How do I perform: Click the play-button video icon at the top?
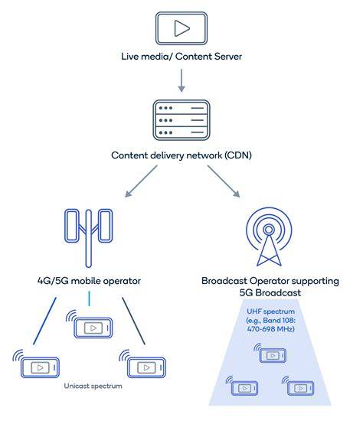[x=181, y=28]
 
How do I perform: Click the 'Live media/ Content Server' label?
[x=181, y=57]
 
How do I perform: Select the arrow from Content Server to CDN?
[x=181, y=80]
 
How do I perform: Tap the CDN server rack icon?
[x=181, y=120]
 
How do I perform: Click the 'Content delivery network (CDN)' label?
[x=181, y=155]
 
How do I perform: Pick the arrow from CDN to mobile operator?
[x=141, y=181]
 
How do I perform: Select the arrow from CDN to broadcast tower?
[x=224, y=181]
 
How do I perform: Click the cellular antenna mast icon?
[x=88, y=238]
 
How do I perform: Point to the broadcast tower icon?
[x=269, y=236]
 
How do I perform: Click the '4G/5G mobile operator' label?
[x=89, y=281]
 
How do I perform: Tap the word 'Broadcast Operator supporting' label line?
[x=270, y=281]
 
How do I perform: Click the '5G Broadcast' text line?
[x=270, y=292]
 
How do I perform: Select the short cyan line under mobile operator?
[x=90, y=298]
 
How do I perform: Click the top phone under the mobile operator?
[x=93, y=328]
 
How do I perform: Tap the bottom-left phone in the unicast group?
[x=40, y=367]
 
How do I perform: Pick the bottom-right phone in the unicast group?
[x=146, y=367]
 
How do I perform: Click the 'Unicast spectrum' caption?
[x=93, y=386]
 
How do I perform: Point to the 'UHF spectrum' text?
[x=271, y=311]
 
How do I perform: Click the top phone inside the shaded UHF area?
[x=273, y=355]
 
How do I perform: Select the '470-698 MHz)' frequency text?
[x=271, y=329]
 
